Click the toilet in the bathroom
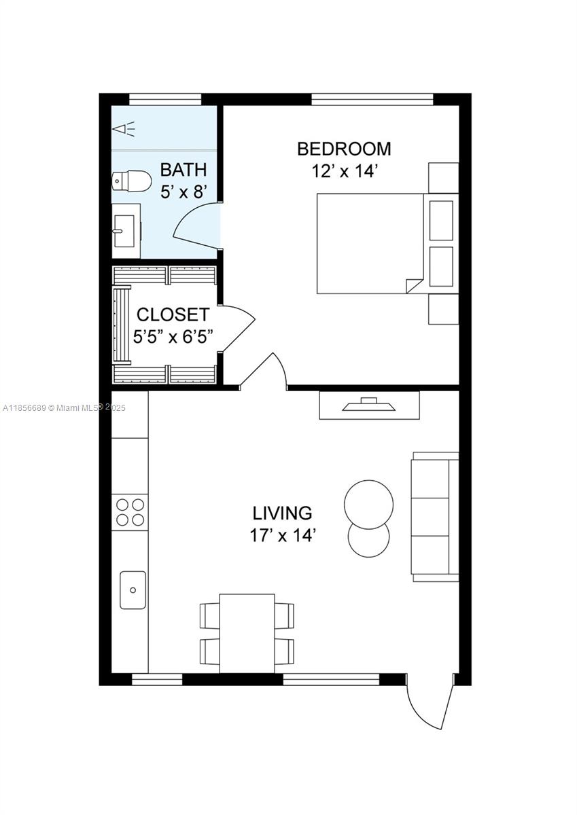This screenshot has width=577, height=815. (x=131, y=181)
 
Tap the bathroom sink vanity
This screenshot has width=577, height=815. (x=126, y=230)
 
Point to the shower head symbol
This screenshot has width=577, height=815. (x=124, y=129)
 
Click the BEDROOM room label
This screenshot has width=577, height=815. (x=344, y=149)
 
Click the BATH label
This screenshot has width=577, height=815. (x=183, y=170)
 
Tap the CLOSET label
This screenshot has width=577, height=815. (x=173, y=314)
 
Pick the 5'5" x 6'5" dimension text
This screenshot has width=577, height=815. (x=173, y=337)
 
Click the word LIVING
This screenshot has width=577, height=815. (x=282, y=513)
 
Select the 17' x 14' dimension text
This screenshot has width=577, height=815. (x=282, y=536)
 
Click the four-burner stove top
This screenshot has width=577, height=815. (x=130, y=512)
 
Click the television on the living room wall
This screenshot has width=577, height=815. (x=369, y=405)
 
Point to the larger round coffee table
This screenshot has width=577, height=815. (x=368, y=504)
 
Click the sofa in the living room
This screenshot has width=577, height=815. (x=435, y=517)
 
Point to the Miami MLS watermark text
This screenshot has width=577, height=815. (x=64, y=408)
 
